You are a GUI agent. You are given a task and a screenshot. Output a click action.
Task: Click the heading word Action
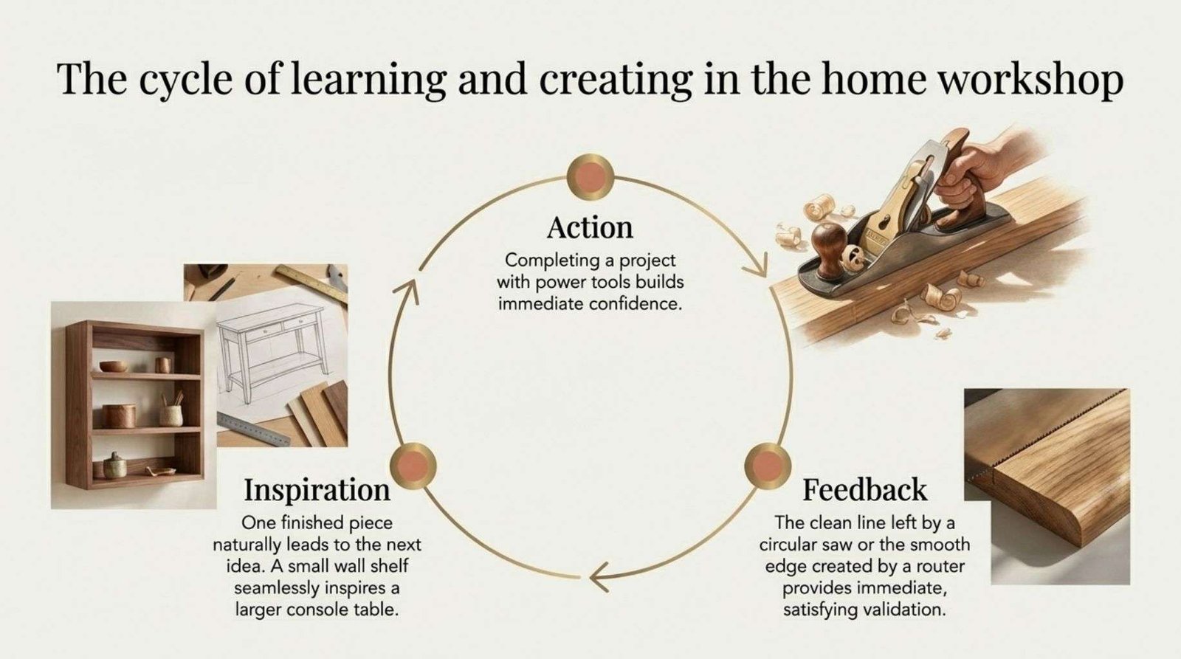tap(590, 228)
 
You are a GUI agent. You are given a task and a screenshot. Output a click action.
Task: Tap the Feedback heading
tap(864, 490)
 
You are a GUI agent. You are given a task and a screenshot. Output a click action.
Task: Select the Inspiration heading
tap(317, 491)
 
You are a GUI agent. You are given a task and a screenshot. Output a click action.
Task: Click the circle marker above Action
tap(590, 177)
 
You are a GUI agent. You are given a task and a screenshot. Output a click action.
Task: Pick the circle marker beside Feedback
tap(768, 466)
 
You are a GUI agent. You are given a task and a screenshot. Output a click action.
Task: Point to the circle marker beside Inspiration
tap(413, 466)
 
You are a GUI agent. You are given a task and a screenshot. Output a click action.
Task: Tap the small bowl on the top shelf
tap(114, 366)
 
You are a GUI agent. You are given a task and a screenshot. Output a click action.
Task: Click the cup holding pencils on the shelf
tap(171, 415)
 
